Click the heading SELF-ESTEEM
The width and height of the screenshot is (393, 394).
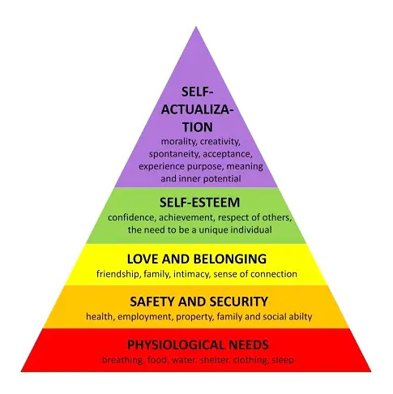pos(199,203)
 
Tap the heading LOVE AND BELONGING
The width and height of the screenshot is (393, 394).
pos(197,259)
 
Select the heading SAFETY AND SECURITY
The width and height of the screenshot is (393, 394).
pos(199,302)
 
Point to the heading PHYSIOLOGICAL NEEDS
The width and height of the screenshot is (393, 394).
pos(198,345)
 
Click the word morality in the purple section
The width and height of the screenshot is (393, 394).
pos(179,142)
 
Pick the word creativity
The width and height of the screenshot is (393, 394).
pos(220,142)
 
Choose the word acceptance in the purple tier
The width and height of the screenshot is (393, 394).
pos(228,154)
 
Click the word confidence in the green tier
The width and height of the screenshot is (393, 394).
pos(131,217)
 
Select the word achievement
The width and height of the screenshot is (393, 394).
pos(187,217)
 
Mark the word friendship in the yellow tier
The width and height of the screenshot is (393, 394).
pos(118,274)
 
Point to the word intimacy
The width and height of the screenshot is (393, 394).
pos(191,274)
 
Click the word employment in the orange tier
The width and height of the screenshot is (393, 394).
pos(145,317)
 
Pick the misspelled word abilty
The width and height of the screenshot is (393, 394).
pos(301,317)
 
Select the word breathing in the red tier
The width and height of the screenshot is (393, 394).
pos(122,361)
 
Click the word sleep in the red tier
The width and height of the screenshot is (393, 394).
pos(283,361)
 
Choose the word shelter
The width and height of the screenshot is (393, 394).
pos(216,360)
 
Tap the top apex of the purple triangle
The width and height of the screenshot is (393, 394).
pos(196,26)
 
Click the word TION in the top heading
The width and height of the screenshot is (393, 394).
pos(198,127)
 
